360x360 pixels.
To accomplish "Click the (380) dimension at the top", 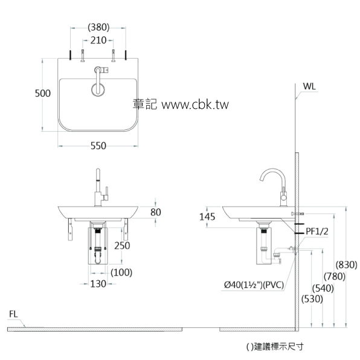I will pyautogui.click(x=98, y=27).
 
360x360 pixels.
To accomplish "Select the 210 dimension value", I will pyautogui.click(x=98, y=41).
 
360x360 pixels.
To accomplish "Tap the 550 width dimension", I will pyautogui.click(x=98, y=146).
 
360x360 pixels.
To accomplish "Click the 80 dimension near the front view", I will pyautogui.click(x=156, y=212).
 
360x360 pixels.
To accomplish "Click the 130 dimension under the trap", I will pyautogui.click(x=98, y=283).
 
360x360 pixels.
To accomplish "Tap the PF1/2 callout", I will pyautogui.click(x=318, y=230).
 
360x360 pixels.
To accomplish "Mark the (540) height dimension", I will pyautogui.click(x=323, y=288).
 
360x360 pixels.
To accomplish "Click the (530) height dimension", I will pyautogui.click(x=312, y=298).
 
